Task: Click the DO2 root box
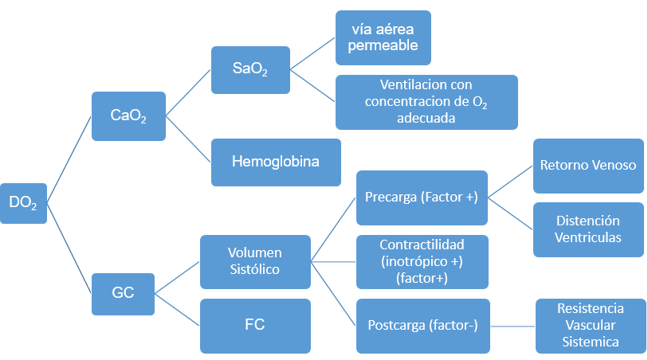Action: [23, 203]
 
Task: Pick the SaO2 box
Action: [250, 69]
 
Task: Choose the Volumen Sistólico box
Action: [255, 261]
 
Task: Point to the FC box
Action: [255, 325]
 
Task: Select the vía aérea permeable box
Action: [383, 37]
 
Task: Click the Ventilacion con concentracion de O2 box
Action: [426, 102]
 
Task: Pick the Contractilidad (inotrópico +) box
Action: [422, 261]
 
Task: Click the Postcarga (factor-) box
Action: [422, 325]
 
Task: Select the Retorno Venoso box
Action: [588, 166]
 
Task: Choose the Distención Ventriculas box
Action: [588, 229]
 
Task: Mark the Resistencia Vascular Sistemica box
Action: [591, 325]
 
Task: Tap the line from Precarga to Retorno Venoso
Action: [510, 182]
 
